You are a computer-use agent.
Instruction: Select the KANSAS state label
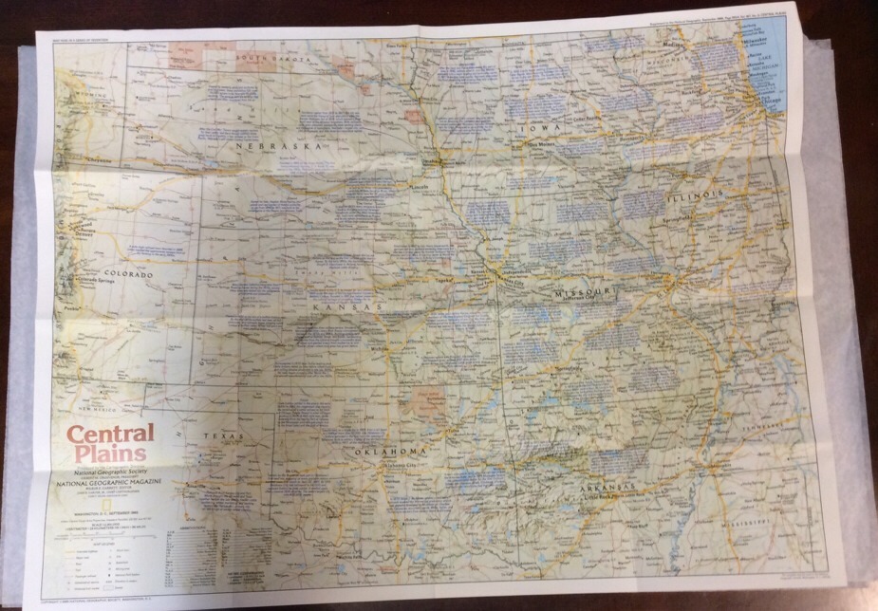(x=347, y=307)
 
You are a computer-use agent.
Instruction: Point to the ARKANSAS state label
(x=608, y=490)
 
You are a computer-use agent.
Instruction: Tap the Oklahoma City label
(x=401, y=465)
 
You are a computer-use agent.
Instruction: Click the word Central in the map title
(x=108, y=435)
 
